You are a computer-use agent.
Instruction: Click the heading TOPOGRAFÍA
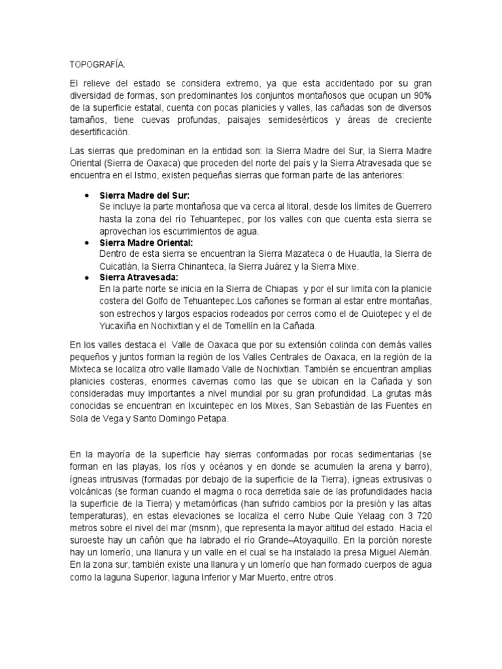point(96,66)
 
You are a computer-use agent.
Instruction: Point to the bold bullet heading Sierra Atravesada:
point(141,278)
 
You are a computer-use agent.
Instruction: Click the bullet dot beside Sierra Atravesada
point(88,278)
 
